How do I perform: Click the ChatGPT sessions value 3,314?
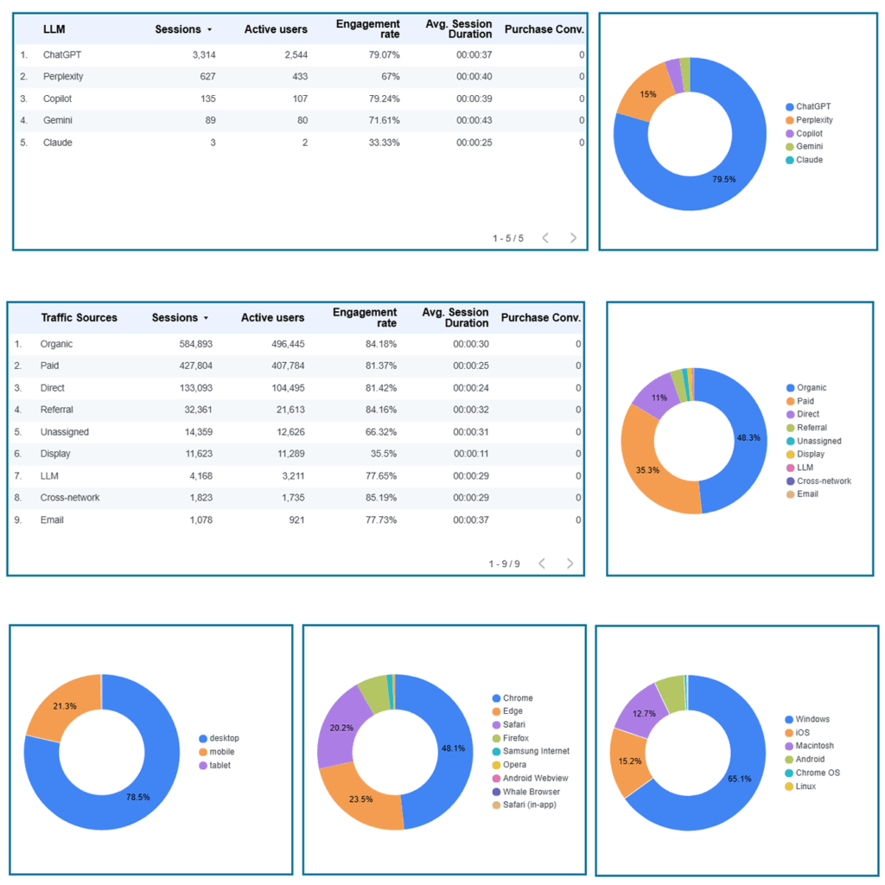coord(204,54)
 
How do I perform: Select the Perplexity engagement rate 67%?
coord(390,76)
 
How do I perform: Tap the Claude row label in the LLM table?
coord(58,143)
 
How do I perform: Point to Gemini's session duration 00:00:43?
coord(474,120)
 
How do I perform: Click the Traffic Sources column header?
coord(79,318)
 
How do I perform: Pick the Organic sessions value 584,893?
coord(196,344)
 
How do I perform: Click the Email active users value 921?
coord(297,519)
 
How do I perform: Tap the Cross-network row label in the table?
coord(70,498)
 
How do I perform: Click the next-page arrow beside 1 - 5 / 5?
coord(573,239)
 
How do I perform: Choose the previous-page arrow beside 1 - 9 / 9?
coord(542,563)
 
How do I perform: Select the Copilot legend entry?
coord(804,133)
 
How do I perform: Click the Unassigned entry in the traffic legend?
coord(813,441)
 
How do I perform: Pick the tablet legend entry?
coord(214,766)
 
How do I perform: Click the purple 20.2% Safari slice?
coord(341,728)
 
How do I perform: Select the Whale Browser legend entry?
coord(526,792)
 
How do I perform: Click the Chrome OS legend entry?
coord(812,773)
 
